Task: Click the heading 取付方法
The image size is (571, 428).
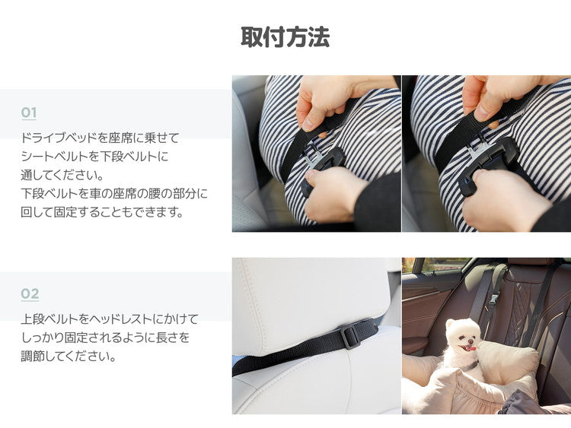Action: click(285, 36)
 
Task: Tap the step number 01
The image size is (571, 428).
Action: click(29, 113)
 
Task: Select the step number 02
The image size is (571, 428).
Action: click(30, 294)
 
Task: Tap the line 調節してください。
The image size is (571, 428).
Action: click(69, 355)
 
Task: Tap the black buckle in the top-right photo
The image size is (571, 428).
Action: click(487, 160)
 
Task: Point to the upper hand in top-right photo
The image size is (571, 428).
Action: click(495, 95)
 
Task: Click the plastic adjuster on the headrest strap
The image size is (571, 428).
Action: click(349, 335)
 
